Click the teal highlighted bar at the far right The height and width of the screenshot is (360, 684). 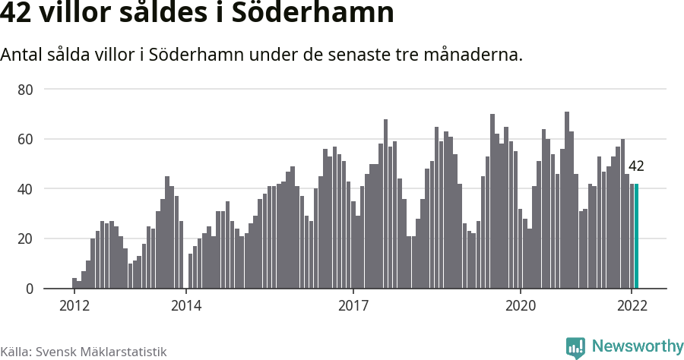click(x=636, y=236)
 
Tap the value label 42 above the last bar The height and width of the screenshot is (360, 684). click(x=636, y=166)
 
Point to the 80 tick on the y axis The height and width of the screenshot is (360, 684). click(x=26, y=90)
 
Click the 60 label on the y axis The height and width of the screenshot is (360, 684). click(x=26, y=139)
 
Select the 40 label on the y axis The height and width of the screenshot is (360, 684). click(x=26, y=189)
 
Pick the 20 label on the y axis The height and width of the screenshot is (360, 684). click(x=26, y=238)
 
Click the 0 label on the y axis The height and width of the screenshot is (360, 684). click(x=30, y=289)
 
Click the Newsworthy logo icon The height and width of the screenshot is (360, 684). click(x=575, y=348)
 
